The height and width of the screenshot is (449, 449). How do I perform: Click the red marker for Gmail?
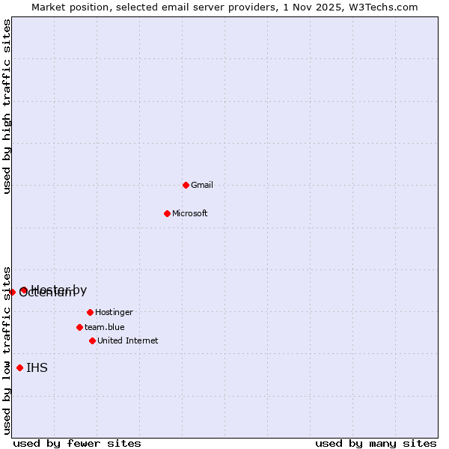[186, 185]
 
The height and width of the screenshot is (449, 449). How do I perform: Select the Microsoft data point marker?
[167, 213]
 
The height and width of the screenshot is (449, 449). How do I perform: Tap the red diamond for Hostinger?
[90, 312]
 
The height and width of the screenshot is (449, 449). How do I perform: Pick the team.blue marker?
[79, 327]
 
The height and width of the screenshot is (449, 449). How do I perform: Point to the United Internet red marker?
[92, 340]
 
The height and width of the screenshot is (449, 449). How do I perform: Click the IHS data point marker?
[19, 367]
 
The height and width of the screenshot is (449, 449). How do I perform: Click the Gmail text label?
[202, 185]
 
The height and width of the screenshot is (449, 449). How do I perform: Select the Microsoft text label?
[190, 213]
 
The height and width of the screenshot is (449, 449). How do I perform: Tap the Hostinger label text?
[114, 312]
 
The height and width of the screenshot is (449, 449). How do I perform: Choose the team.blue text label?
[105, 327]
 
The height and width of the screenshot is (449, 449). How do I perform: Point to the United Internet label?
[128, 340]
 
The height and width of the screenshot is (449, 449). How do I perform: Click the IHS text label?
[37, 367]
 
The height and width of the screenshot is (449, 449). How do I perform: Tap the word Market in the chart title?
[49, 7]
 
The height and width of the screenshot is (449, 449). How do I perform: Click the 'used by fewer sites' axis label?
[77, 443]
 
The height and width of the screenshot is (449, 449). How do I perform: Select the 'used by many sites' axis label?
[376, 443]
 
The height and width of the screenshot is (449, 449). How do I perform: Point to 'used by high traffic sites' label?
[7, 107]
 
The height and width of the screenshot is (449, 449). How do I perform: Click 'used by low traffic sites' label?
[7, 349]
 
